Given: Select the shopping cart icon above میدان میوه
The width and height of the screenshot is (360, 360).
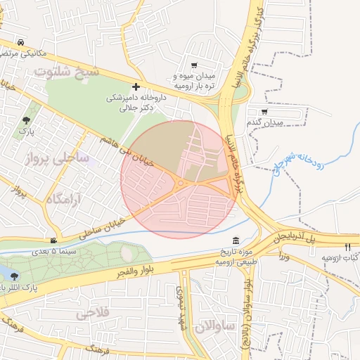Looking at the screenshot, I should coord(194,65).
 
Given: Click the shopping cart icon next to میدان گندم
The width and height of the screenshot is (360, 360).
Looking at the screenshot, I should coord(264,111).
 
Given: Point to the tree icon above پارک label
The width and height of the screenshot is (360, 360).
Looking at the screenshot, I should coord(27,120).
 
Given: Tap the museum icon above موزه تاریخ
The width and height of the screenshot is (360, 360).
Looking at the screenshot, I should coord(235,241).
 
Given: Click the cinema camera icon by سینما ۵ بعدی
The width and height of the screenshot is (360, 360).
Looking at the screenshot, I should coord(55,240).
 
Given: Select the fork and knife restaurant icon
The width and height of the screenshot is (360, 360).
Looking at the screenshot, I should coord(347,247).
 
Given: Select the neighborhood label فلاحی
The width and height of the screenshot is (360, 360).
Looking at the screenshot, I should coord(92,311).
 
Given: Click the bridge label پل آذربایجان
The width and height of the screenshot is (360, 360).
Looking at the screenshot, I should coord(295,236).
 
